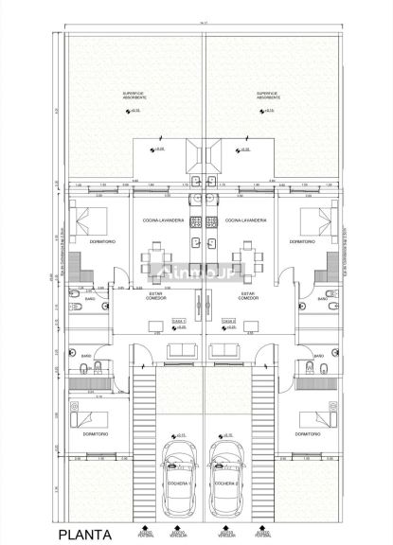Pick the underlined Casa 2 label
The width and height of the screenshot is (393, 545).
tap(228, 321)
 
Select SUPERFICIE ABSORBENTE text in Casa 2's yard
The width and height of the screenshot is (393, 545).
tap(269, 95)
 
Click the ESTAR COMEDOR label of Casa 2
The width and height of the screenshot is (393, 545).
tap(249, 296)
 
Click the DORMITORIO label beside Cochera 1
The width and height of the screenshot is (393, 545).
tap(92, 434)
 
